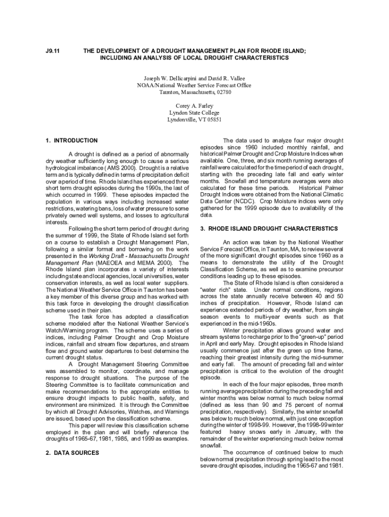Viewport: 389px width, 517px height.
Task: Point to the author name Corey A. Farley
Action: (194, 106)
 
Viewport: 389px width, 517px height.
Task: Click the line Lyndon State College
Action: (194, 113)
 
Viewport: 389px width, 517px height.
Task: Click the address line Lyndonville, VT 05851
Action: (194, 120)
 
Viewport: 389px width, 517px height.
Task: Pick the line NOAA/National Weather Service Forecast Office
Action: (194, 86)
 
